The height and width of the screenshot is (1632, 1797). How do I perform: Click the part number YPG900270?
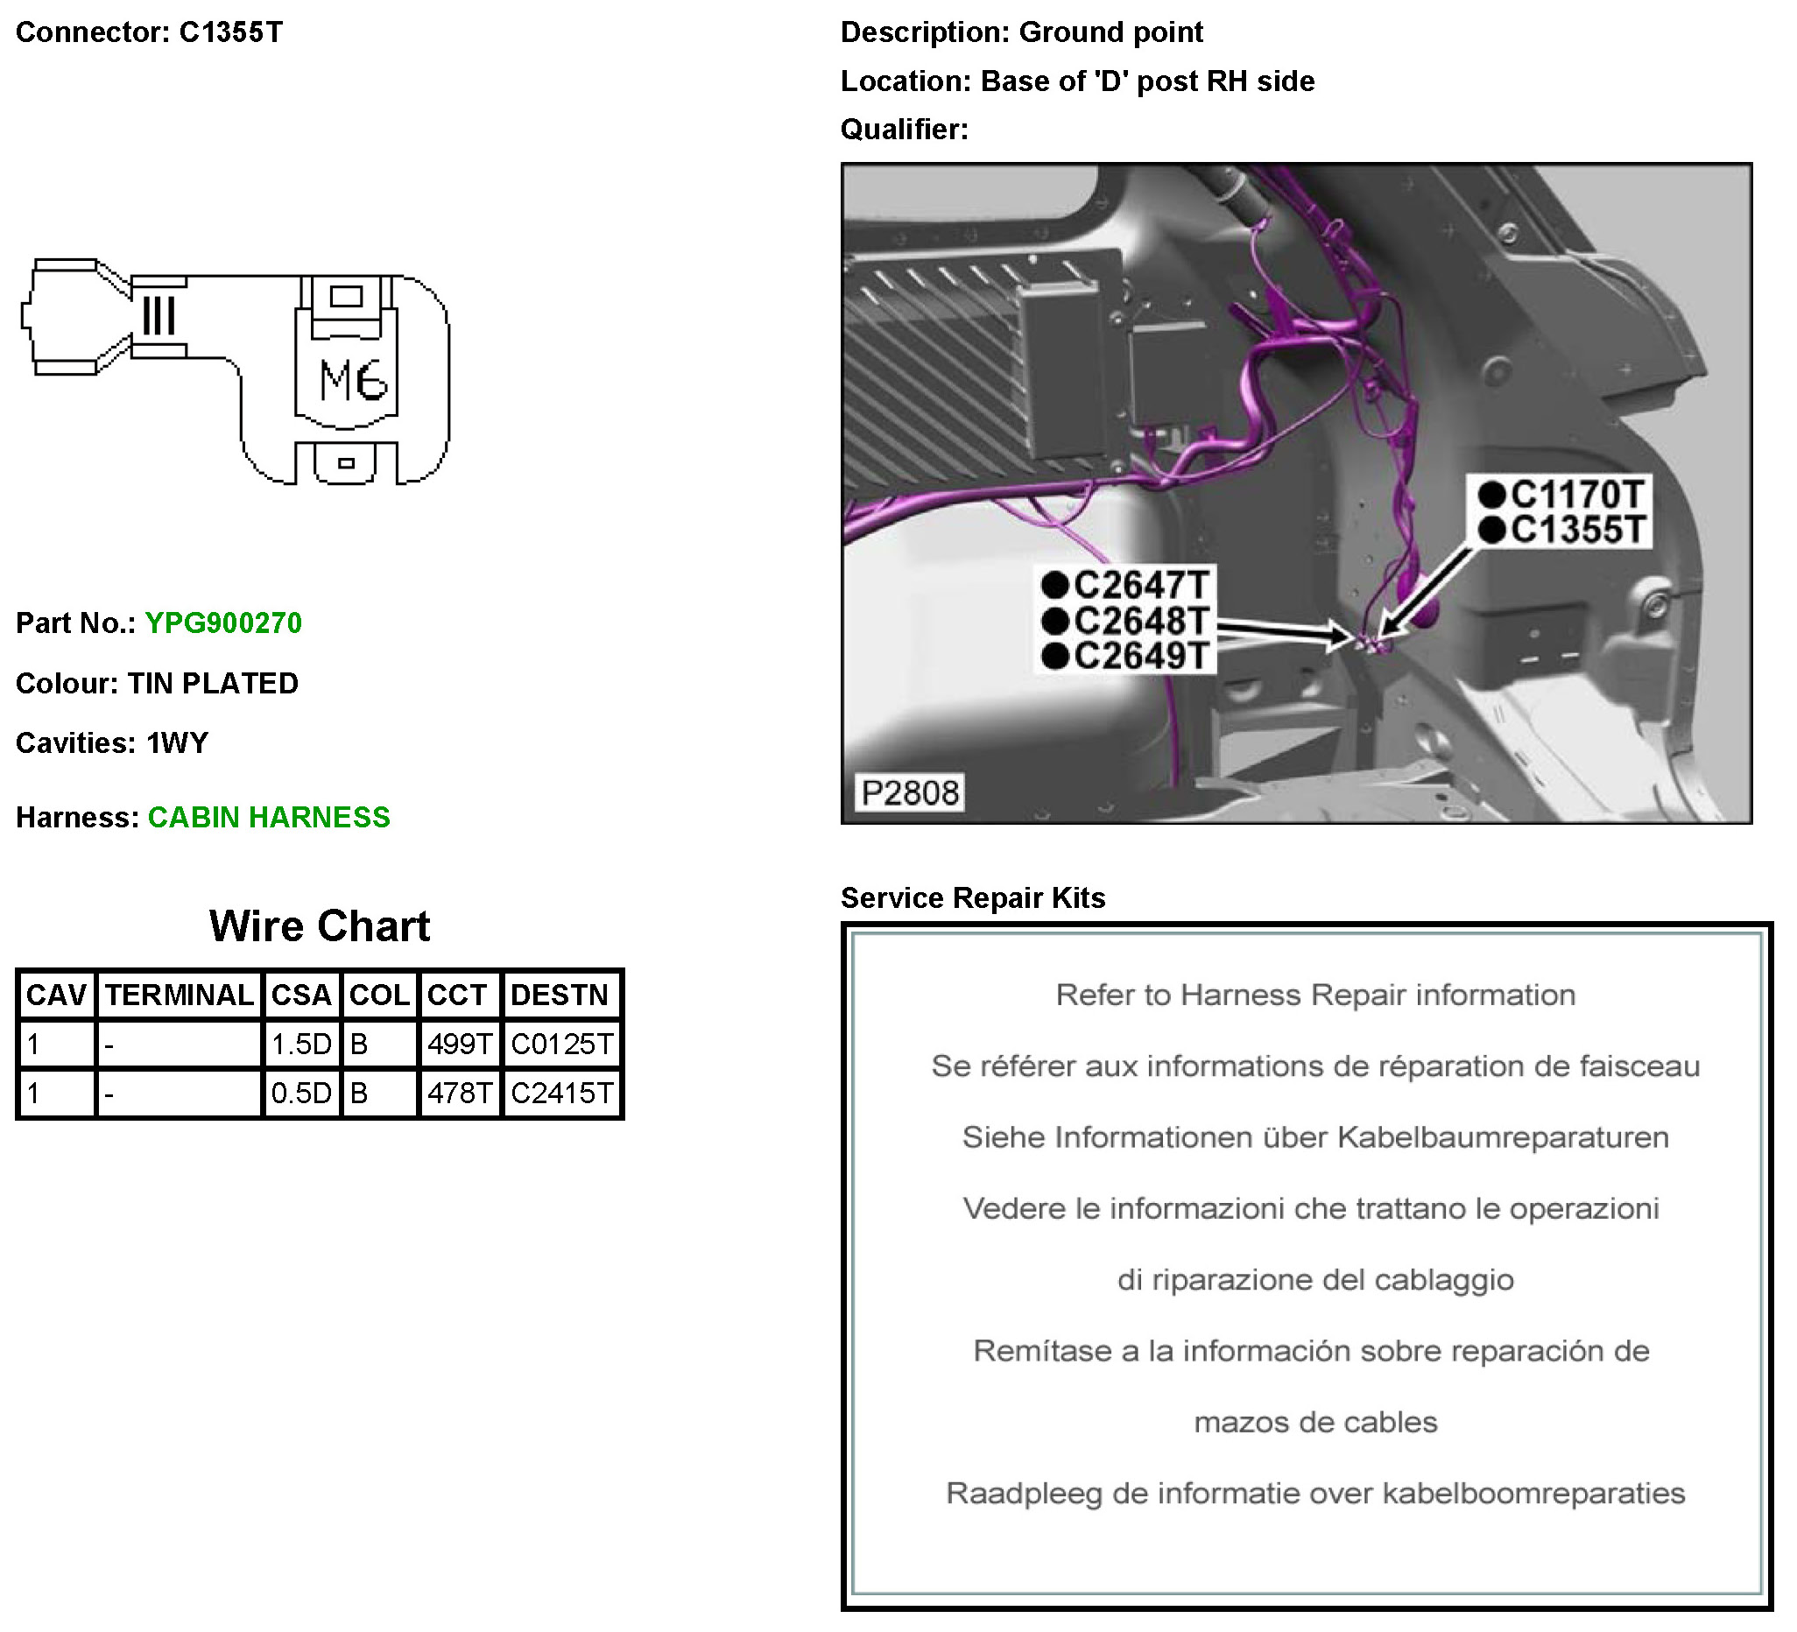[x=222, y=623]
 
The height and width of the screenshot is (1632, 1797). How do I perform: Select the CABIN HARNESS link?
[x=268, y=818]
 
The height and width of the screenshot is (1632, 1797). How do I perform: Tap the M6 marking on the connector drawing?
[x=353, y=381]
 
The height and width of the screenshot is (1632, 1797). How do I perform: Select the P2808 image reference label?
[x=910, y=792]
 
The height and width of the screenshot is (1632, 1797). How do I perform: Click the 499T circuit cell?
[x=459, y=1044]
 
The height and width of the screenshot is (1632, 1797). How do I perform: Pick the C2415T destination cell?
[x=561, y=1093]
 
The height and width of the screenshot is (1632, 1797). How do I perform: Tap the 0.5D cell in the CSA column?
[x=301, y=1093]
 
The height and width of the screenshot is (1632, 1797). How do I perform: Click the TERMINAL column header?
[x=180, y=995]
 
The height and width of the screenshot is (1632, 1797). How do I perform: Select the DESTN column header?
[x=560, y=995]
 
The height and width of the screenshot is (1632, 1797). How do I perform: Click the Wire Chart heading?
[x=319, y=926]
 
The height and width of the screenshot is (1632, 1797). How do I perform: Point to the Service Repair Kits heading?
[x=972, y=897]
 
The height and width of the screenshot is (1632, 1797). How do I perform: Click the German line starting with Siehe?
[x=1314, y=1137]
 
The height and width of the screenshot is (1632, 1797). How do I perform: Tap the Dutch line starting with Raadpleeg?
[x=1314, y=1493]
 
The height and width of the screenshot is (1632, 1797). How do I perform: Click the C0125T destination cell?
[x=561, y=1044]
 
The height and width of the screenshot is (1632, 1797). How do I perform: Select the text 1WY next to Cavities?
[x=178, y=742]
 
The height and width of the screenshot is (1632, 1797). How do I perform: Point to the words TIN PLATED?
[x=213, y=684]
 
